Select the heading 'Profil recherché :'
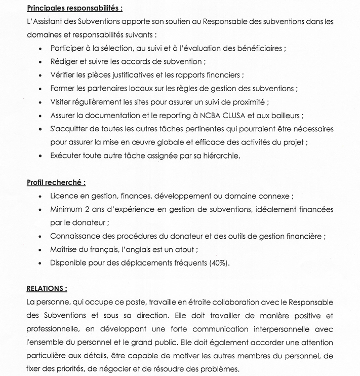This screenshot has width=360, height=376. (56, 182)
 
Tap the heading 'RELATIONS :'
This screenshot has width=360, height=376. (47, 288)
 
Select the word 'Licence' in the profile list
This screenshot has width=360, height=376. (64, 196)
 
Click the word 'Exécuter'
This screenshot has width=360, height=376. (67, 156)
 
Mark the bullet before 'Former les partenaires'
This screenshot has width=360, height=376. (40, 89)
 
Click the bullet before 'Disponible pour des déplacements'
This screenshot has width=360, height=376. (40, 263)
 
